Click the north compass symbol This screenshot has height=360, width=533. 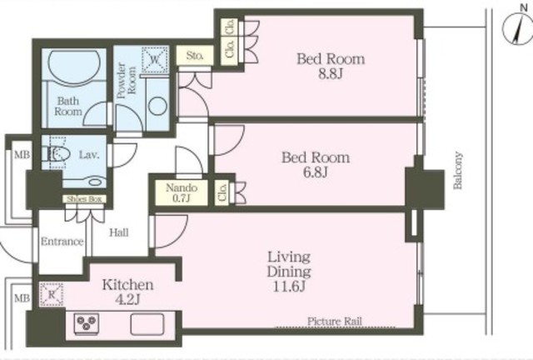(x=517, y=30)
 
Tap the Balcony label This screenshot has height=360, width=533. (x=458, y=170)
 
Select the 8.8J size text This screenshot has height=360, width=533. (x=330, y=74)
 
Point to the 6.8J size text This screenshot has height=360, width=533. (x=316, y=172)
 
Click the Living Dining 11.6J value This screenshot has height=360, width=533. (x=289, y=287)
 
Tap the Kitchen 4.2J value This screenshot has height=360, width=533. (x=127, y=300)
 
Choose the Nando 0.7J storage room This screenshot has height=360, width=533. (x=182, y=192)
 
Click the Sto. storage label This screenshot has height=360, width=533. (x=194, y=56)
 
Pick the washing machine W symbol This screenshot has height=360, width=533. (x=155, y=59)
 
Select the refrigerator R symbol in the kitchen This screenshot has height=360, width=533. (x=52, y=294)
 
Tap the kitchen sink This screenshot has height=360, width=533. (x=147, y=324)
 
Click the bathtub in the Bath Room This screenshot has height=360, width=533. (x=74, y=66)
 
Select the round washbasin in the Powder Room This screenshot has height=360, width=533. (x=157, y=106)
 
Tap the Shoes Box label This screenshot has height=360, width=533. (x=84, y=199)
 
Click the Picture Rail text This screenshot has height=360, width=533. (x=335, y=321)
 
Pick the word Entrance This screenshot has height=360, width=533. (x=62, y=241)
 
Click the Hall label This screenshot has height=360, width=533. (x=119, y=232)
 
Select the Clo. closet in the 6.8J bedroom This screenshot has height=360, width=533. (x=222, y=192)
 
